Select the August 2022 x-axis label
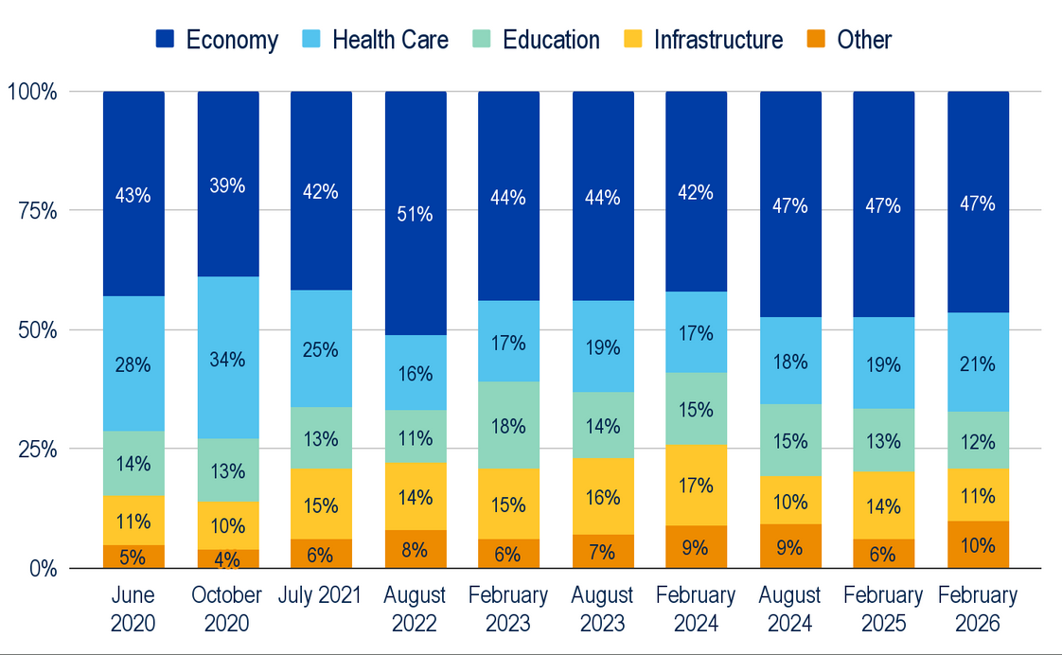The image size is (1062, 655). [x=415, y=610]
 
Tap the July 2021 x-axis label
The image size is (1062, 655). [x=320, y=595]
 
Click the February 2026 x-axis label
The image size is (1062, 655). [x=978, y=610]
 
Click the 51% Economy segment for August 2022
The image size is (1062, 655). [x=415, y=213]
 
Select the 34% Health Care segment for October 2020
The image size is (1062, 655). [x=227, y=359]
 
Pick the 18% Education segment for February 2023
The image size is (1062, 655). [x=508, y=425]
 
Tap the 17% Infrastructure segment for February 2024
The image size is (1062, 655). [x=696, y=485]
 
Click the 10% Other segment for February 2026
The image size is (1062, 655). [x=978, y=544]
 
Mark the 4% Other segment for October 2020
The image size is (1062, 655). [x=227, y=558]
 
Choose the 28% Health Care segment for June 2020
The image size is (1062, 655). [x=133, y=363]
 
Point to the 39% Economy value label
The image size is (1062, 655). [x=227, y=186]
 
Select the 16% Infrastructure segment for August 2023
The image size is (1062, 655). [x=602, y=496]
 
